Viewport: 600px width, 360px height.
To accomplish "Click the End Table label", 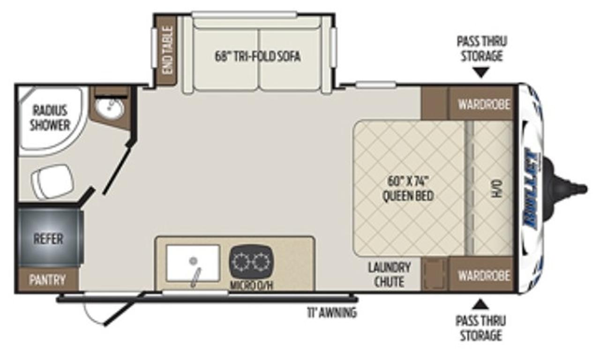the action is (168, 50).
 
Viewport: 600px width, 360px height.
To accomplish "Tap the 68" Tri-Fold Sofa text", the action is (258, 57).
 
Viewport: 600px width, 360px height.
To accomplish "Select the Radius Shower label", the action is (50, 118).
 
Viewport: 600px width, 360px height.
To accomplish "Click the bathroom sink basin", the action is (110, 108).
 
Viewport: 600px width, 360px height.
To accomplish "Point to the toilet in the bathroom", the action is (52, 181).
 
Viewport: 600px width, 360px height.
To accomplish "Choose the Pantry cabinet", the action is (48, 279).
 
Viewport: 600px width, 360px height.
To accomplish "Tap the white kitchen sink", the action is (193, 263).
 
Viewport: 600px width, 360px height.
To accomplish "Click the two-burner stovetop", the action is (252, 261).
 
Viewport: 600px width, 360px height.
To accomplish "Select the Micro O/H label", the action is (252, 285).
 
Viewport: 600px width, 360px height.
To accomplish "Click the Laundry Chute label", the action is (389, 275).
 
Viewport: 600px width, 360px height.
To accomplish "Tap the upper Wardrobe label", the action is (484, 104).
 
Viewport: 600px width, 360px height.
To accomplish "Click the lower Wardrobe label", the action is (484, 276).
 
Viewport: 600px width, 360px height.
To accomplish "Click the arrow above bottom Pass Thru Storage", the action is (480, 304).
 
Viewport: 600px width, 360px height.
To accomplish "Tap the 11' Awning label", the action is (332, 312).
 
